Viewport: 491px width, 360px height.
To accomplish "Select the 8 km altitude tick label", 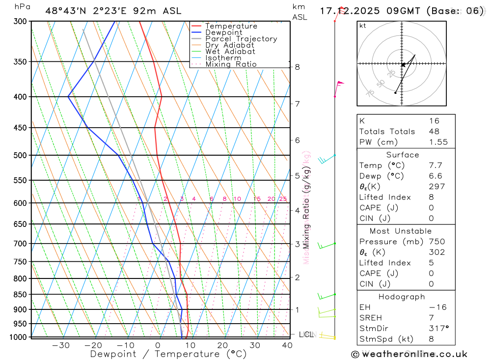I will [x=297, y=67].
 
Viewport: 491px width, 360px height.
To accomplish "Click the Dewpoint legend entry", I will [x=223, y=32].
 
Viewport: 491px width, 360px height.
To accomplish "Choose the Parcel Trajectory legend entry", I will [x=241, y=39].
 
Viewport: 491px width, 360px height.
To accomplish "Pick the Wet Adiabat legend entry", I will [x=230, y=52].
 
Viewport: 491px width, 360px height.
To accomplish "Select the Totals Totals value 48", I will [x=434, y=131].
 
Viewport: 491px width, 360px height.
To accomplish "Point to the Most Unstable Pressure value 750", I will [x=436, y=242].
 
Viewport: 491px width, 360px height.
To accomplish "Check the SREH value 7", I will [x=431, y=318].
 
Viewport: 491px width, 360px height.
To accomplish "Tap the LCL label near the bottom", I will [x=306, y=335].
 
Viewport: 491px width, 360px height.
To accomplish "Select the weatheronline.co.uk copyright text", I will [x=409, y=354].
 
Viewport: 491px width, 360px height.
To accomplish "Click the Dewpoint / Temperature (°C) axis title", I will [x=168, y=354].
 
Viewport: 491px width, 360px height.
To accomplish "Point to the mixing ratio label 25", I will [x=283, y=199].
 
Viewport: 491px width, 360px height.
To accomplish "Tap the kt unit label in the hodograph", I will [x=362, y=26].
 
